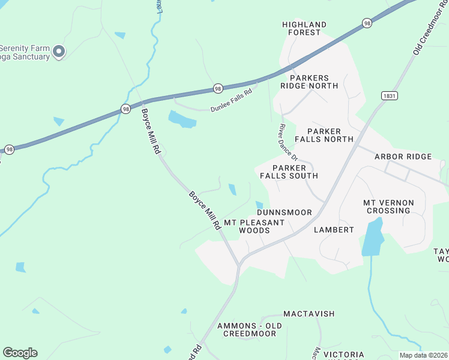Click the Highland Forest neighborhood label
tap(304, 28)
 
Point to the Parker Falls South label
tap(289, 172)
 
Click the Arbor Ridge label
tap(403, 157)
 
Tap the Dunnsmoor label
tap(284, 212)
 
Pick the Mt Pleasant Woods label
tap(254, 226)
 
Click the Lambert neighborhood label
tap(334, 229)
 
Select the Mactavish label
tap(309, 314)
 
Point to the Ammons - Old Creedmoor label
tap(249, 329)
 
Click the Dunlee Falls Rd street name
tap(234, 106)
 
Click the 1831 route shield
tap(389, 95)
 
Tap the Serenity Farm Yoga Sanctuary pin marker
tap(59, 52)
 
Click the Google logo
tap(20, 353)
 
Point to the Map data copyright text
tap(423, 355)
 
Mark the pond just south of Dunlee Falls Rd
tap(182, 119)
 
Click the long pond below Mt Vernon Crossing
tap(372, 238)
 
